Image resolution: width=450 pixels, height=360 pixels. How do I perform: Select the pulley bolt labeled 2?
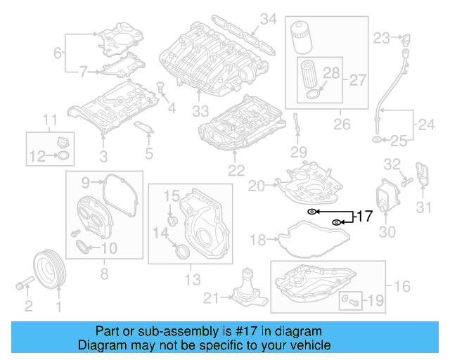tap(22, 285)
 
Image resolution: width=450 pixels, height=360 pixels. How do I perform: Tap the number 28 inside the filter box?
tap(331, 72)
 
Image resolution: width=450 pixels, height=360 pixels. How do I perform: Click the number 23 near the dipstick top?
tap(381, 37)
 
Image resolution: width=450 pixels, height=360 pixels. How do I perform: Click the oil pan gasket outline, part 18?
tap(302, 239)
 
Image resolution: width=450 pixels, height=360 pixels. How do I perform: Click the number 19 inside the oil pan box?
tap(375, 302)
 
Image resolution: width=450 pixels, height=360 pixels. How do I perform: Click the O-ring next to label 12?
tap(63, 155)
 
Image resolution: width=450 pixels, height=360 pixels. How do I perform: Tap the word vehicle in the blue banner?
tap(307, 345)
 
